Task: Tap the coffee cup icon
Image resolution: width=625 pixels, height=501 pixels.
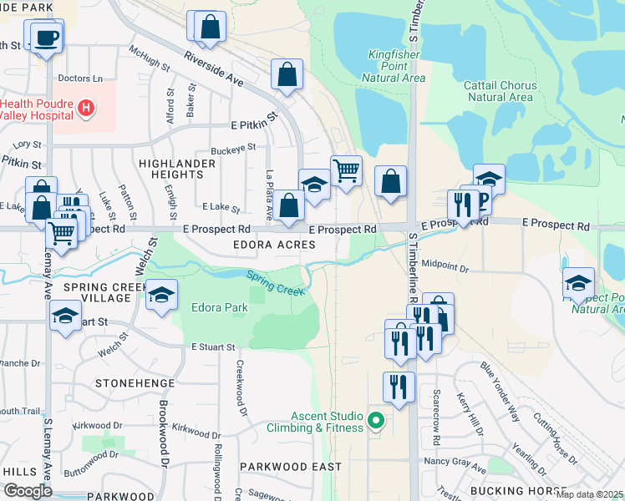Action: pyautogui.click(x=46, y=38)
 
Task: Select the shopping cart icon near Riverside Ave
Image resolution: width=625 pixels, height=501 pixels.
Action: pyautogui.click(x=346, y=171)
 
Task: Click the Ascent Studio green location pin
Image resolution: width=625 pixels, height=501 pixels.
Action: pyautogui.click(x=376, y=420)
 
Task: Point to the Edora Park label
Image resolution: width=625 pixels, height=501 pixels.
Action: pyautogui.click(x=220, y=307)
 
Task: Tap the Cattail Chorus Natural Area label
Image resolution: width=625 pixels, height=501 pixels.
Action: pyautogui.click(x=500, y=91)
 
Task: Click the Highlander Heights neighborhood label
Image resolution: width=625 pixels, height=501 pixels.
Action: pyautogui.click(x=171, y=169)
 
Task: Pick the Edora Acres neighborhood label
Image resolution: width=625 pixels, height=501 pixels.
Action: pyautogui.click(x=274, y=245)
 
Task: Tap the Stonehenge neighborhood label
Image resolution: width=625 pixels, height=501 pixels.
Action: pyautogui.click(x=134, y=383)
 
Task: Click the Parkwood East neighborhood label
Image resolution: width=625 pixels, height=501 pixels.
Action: pyautogui.click(x=278, y=466)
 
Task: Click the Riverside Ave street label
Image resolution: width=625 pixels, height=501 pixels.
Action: pyautogui.click(x=213, y=72)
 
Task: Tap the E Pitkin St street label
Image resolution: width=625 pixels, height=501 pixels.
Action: pyautogui.click(x=253, y=123)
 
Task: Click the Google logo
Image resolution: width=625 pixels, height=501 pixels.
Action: pyautogui.click(x=28, y=491)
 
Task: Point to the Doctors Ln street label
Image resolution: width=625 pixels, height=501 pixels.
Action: pyautogui.click(x=80, y=78)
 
